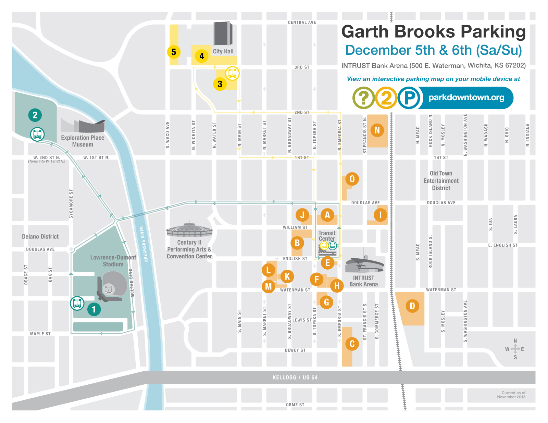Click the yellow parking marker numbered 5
(x=174, y=52)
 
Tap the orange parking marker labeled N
(x=377, y=130)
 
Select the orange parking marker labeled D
(x=412, y=306)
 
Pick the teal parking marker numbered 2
(x=35, y=115)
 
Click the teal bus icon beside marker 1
(x=77, y=303)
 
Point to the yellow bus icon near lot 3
(x=232, y=73)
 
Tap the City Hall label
(x=223, y=51)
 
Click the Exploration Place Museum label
(x=83, y=141)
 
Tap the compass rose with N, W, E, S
(x=515, y=349)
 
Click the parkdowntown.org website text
(x=466, y=98)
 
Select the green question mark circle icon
(x=363, y=98)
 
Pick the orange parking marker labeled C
(x=352, y=344)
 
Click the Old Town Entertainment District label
(x=441, y=181)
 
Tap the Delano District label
(x=40, y=236)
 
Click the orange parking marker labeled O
(x=352, y=179)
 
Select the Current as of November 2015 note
(x=512, y=395)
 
